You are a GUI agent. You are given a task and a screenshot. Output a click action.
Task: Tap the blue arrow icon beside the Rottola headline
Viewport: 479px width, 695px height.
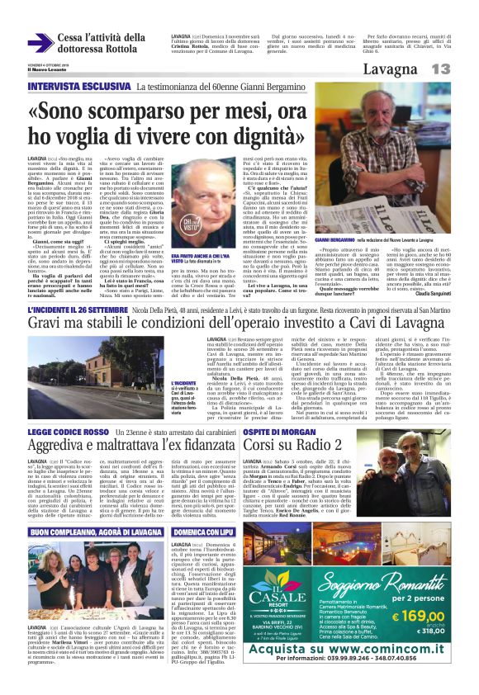[40, 41]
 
